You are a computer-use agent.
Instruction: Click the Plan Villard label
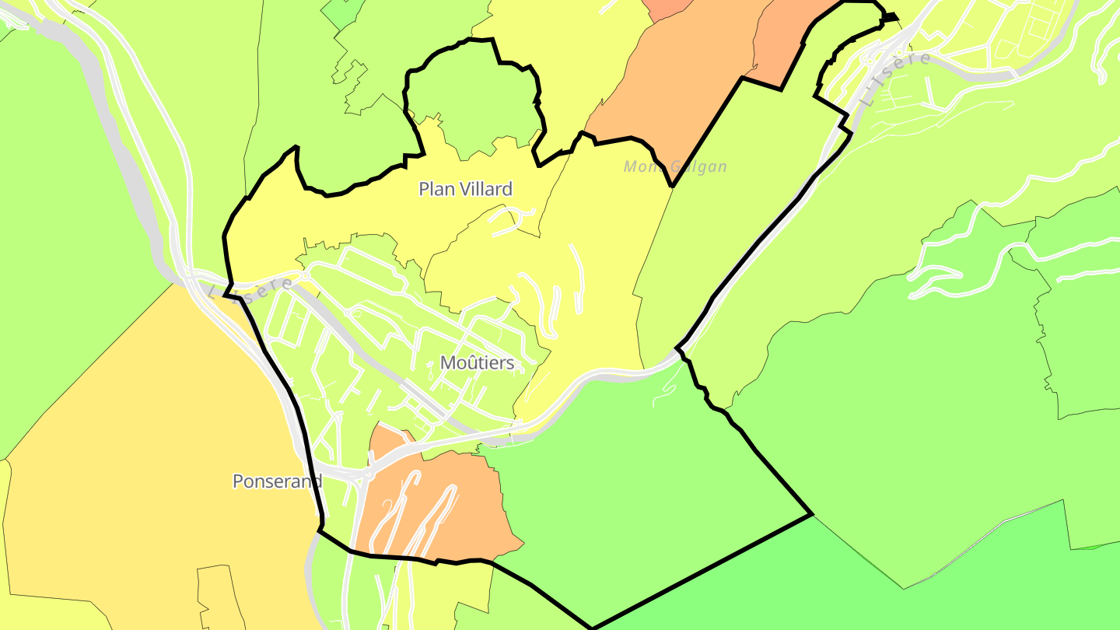[465, 189]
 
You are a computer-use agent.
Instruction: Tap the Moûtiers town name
[477, 363]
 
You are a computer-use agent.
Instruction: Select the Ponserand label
[277, 481]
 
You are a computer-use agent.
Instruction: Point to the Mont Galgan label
[675, 166]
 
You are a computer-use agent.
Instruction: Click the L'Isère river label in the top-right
[897, 79]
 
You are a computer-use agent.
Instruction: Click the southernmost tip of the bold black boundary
[592, 628]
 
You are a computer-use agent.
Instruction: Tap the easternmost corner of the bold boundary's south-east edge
[812, 514]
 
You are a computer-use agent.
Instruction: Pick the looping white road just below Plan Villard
[509, 220]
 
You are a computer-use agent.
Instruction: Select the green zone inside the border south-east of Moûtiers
[646, 482]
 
